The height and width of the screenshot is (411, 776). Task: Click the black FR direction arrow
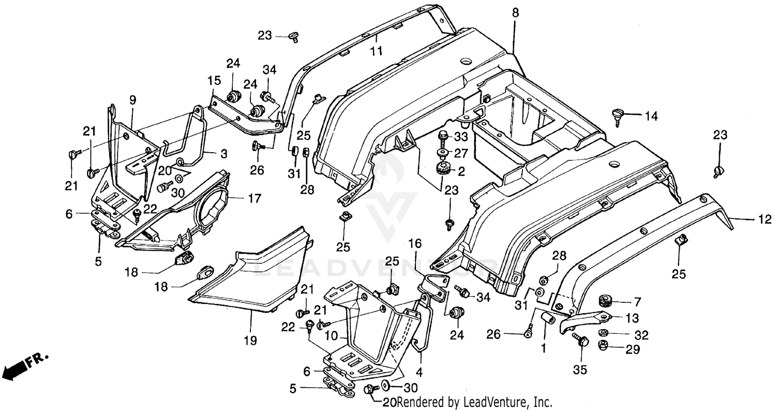pyautogui.click(x=14, y=369)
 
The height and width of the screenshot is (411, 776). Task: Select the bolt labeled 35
pyautogui.click(x=580, y=341)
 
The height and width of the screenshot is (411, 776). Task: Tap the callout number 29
pyautogui.click(x=633, y=350)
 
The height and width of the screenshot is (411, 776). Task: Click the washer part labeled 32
pyautogui.click(x=603, y=332)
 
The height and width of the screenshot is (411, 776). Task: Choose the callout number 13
pyautogui.click(x=632, y=318)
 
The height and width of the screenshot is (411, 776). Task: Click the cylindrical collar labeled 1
pyautogui.click(x=549, y=318)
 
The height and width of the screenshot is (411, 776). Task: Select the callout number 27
pyautogui.click(x=461, y=153)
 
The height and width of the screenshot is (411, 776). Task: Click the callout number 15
pyautogui.click(x=214, y=81)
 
